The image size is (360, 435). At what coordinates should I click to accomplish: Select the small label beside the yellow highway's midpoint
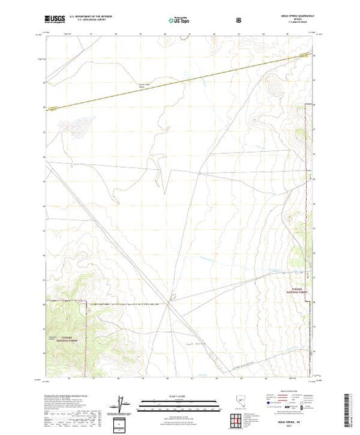click(x=159, y=85)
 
